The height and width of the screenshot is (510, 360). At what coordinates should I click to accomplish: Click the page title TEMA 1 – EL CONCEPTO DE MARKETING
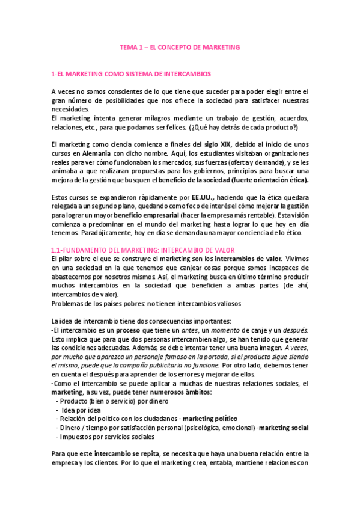[x=180, y=46]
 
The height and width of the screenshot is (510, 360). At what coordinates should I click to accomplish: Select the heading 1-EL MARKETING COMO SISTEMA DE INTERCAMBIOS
[x=131, y=74]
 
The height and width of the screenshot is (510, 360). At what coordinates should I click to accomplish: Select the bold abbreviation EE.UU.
[x=204, y=197]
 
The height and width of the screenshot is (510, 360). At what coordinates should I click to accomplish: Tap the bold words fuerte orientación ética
[x=270, y=180]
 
